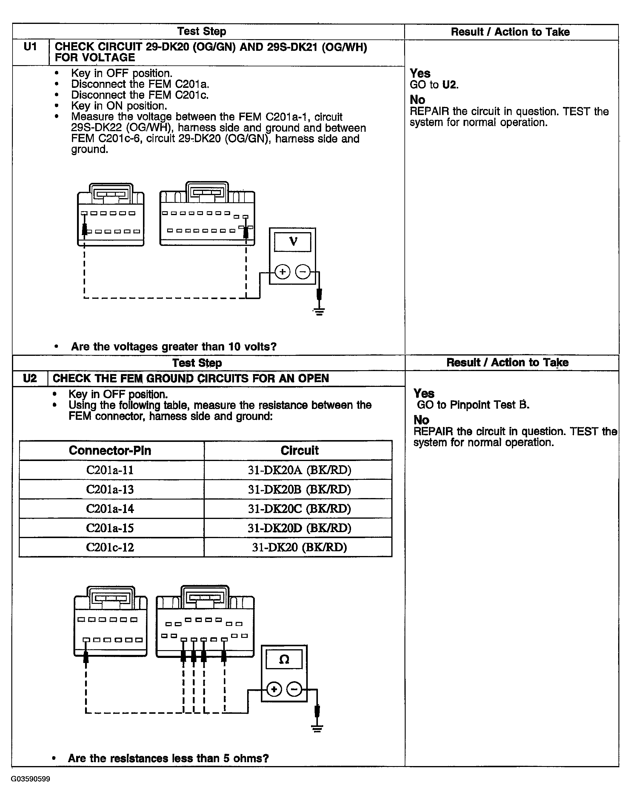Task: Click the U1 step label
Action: [x=30, y=47]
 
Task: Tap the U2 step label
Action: [x=30, y=378]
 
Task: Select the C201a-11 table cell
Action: [x=110, y=470]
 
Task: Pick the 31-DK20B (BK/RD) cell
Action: [x=299, y=489]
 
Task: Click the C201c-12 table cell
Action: [x=110, y=547]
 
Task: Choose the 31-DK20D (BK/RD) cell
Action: [x=299, y=528]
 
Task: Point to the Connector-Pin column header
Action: [x=110, y=451]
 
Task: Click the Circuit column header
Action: [x=299, y=451]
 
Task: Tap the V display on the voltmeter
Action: [x=293, y=242]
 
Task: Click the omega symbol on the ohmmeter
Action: [x=284, y=659]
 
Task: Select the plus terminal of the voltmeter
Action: [x=282, y=272]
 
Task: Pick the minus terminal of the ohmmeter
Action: [x=294, y=689]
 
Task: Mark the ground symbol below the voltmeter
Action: [x=319, y=311]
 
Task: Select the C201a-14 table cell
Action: [x=110, y=509]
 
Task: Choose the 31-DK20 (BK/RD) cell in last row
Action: [x=299, y=547]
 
